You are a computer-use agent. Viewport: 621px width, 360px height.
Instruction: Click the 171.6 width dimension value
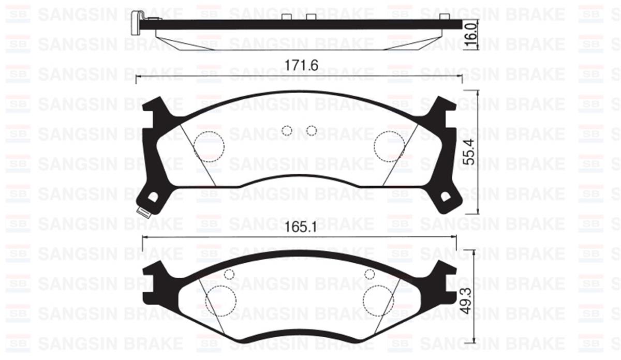click(301, 65)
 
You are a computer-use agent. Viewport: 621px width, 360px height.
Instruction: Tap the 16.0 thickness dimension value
click(471, 32)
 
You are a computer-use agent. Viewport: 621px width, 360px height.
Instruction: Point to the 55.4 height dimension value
click(470, 152)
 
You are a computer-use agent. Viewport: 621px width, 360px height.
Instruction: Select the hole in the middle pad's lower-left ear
click(153, 197)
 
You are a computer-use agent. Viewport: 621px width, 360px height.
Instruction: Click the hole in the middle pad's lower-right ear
click(446, 197)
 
